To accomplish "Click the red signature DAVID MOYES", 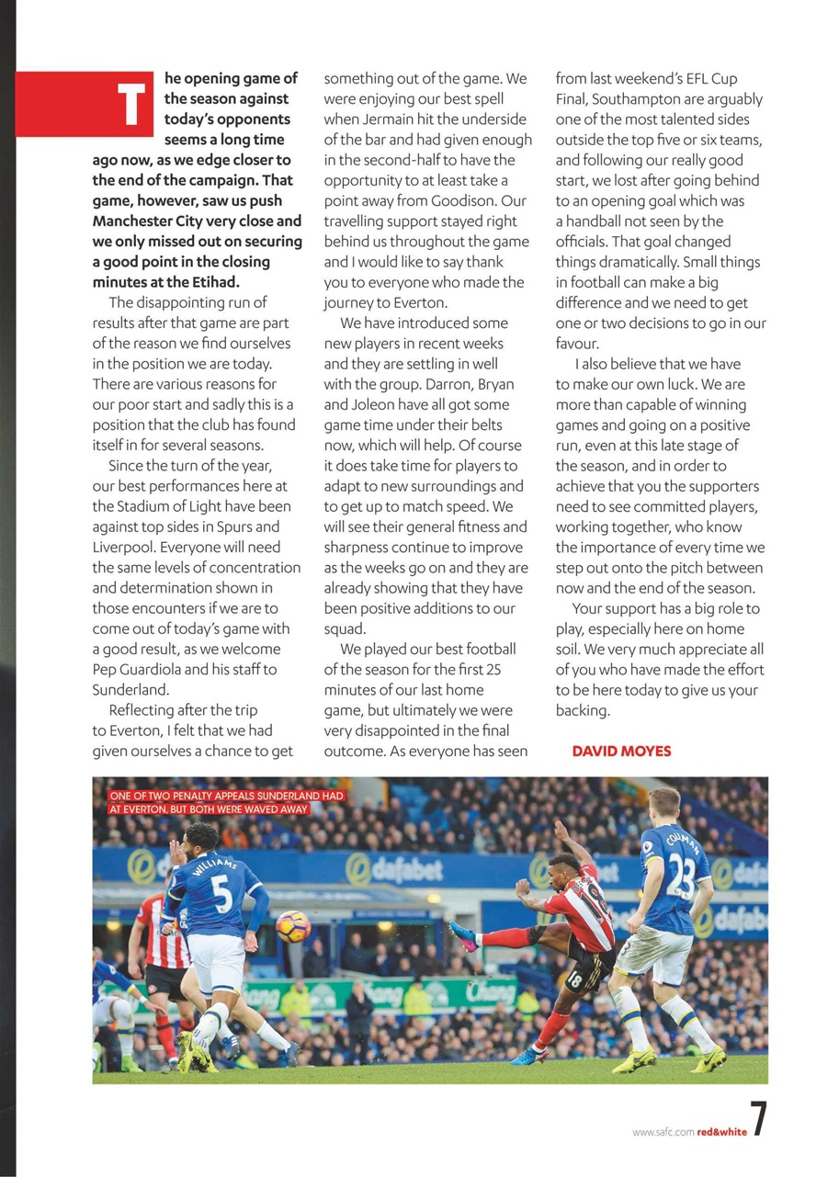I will point(621,751).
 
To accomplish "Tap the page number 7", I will point(759,1120).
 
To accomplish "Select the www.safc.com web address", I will point(663,1132).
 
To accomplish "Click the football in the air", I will point(293,925).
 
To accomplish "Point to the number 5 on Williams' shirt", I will point(221,893).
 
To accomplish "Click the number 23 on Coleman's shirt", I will point(681,876).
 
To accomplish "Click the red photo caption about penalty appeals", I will point(226,802).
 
